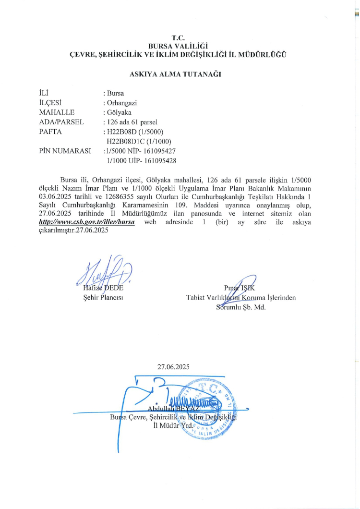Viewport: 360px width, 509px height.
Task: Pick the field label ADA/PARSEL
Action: tap(61, 122)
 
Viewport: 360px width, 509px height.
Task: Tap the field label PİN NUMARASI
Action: tap(65, 151)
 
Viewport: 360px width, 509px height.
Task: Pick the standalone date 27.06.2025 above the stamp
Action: tap(174, 366)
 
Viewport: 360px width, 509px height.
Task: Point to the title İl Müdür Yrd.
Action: tap(171, 426)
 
